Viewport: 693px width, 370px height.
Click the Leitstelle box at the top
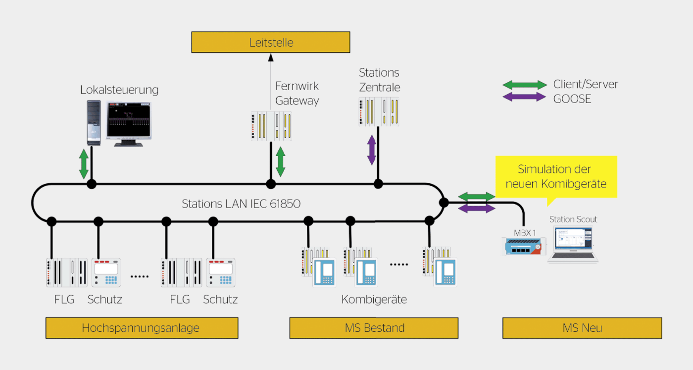pyautogui.click(x=271, y=43)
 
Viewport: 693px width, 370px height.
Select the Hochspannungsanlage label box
pyautogui.click(x=142, y=328)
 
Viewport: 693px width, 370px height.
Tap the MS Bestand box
pyautogui.click(x=374, y=328)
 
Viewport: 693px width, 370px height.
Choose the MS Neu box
pyautogui.click(x=582, y=328)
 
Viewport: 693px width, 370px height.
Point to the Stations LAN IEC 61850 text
pyautogui.click(x=241, y=204)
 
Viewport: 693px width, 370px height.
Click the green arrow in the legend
pyautogui.click(x=524, y=85)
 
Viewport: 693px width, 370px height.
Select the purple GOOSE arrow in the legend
pyautogui.click(x=524, y=97)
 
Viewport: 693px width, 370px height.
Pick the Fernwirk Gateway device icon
pyautogui.click(x=271, y=126)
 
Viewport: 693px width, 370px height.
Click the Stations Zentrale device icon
pyautogui.click(x=379, y=111)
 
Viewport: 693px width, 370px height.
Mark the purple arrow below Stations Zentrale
pyautogui.click(x=371, y=150)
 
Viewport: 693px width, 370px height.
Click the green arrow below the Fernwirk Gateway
pyautogui.click(x=280, y=162)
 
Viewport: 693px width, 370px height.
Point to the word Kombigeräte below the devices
pyautogui.click(x=374, y=300)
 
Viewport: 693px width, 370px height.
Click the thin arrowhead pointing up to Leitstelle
pyautogui.click(x=271, y=57)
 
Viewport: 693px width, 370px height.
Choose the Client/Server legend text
pyautogui.click(x=586, y=85)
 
